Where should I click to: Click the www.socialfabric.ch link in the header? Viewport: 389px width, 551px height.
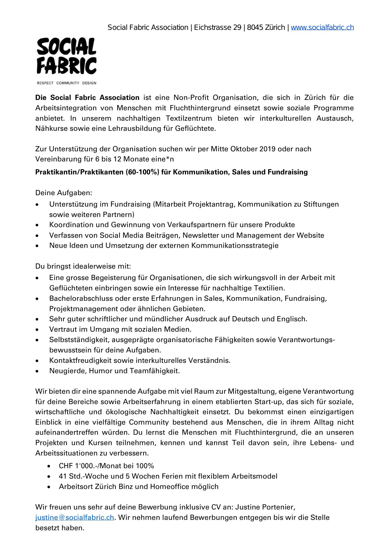coord(322,28)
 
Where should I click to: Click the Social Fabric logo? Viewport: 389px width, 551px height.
coord(66,56)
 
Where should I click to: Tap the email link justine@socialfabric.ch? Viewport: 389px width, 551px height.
coord(75,517)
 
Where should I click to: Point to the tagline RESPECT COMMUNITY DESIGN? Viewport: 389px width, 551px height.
coord(66,83)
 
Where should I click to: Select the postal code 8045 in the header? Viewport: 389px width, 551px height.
coord(255,28)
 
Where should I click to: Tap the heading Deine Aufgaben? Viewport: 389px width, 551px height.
coord(64,193)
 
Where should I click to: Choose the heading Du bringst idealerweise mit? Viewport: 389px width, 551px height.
coord(83,266)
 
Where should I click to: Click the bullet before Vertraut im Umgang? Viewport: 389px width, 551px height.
coord(38,330)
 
